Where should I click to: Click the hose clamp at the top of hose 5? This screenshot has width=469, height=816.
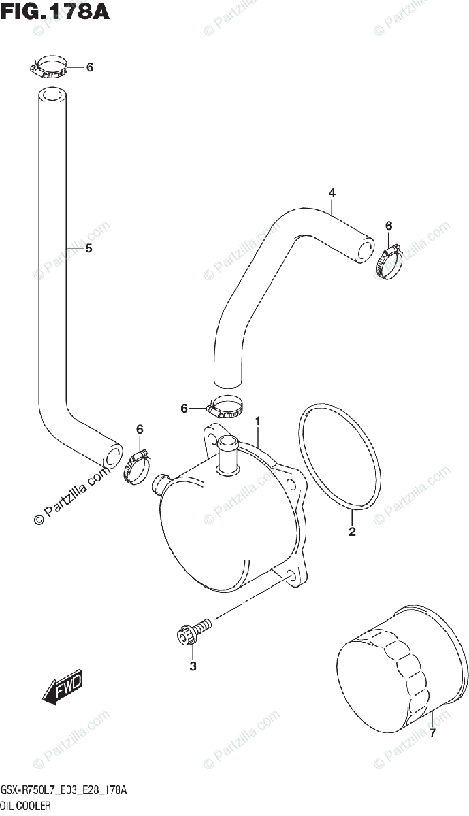(x=49, y=68)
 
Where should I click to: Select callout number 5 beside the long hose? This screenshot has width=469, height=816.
(x=88, y=249)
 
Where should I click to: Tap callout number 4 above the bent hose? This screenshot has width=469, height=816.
(x=331, y=194)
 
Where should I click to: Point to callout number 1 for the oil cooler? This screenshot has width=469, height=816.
(x=258, y=422)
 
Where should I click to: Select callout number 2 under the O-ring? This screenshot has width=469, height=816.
(x=352, y=532)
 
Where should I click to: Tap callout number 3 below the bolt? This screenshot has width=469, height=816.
(x=193, y=666)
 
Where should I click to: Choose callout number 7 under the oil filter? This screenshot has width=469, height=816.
(x=432, y=734)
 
